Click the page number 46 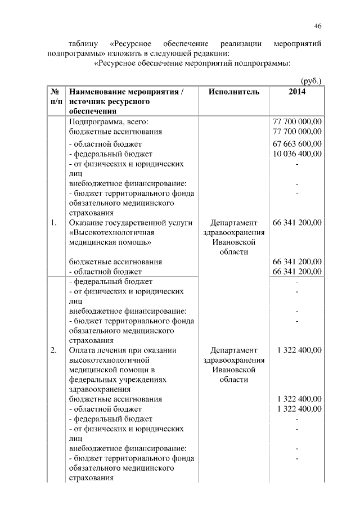coord(318,26)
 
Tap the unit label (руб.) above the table coord(310,80)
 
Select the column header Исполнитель coord(233,92)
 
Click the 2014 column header coord(297,92)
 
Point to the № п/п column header coord(56,97)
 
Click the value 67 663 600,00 coord(297,143)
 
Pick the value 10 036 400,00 coord(297,154)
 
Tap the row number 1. coord(53,223)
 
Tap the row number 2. coord(53,350)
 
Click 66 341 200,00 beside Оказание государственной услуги coord(297,223)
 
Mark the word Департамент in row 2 coord(233,350)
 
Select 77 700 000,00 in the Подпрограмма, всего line coord(297,121)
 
